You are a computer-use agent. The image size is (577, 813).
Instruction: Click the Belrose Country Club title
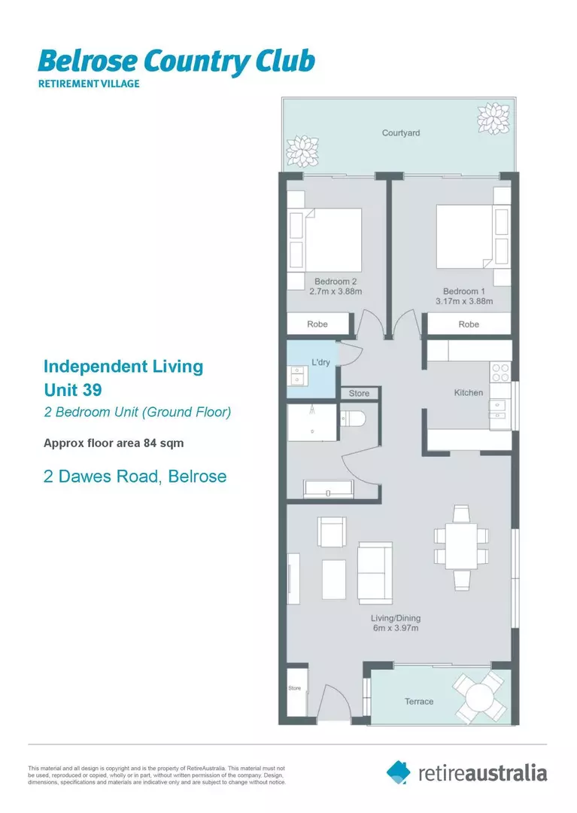click(x=176, y=61)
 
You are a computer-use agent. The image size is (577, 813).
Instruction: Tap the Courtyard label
click(x=400, y=133)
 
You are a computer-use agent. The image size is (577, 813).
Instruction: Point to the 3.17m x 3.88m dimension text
click(x=463, y=302)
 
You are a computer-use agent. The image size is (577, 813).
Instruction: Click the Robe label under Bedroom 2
click(x=317, y=324)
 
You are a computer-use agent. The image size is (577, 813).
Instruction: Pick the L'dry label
click(x=321, y=363)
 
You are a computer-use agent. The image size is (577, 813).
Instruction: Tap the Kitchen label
click(x=468, y=393)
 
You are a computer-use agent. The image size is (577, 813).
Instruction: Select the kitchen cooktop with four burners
click(x=500, y=372)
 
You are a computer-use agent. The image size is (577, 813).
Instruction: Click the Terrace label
click(x=419, y=702)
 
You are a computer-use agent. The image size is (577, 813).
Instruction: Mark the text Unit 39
click(x=72, y=390)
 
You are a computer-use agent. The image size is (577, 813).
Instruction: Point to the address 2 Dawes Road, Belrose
click(x=135, y=477)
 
